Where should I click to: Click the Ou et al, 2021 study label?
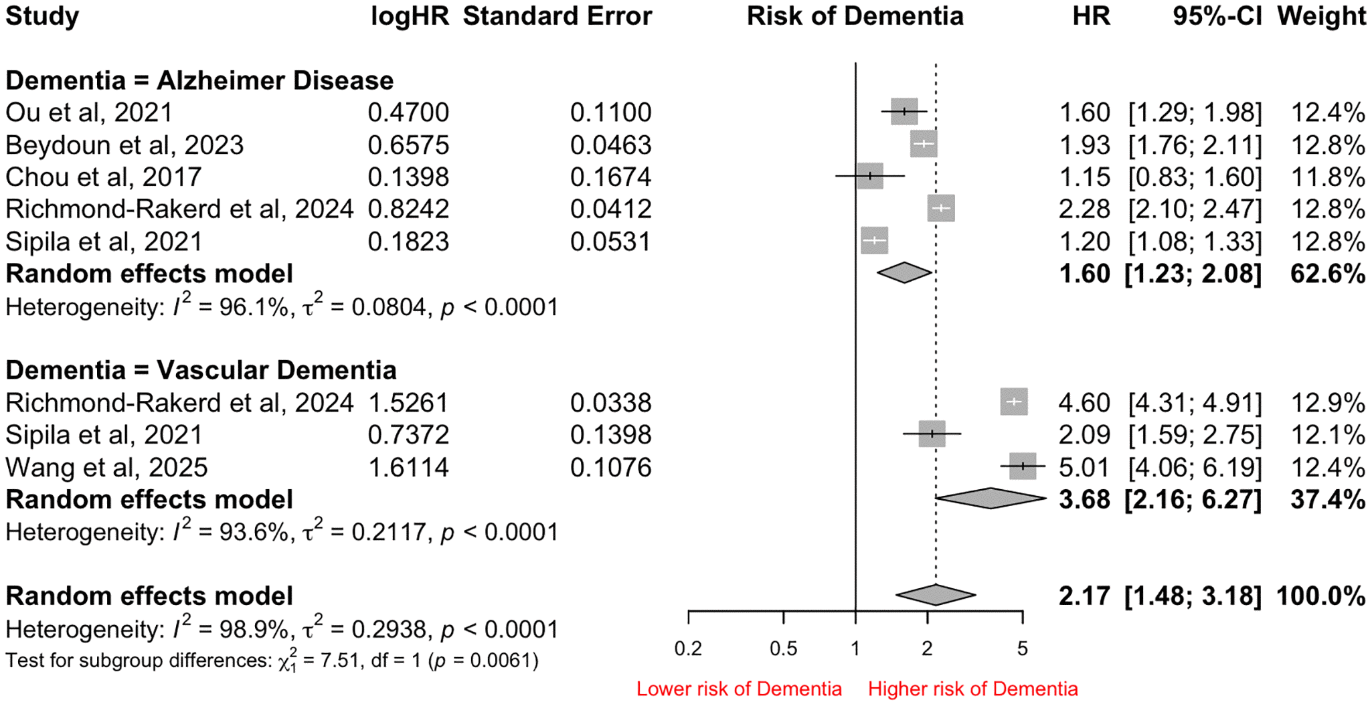tap(89, 112)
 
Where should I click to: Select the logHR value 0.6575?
tap(408, 145)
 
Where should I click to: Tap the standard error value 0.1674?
tap(610, 177)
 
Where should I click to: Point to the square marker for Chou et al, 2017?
tap(869, 176)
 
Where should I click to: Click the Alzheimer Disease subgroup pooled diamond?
tap(904, 273)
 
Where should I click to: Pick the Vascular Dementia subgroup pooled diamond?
tap(991, 499)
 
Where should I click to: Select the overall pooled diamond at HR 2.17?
tap(936, 595)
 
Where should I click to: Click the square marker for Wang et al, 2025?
tap(1023, 466)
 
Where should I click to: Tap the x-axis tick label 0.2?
tap(688, 648)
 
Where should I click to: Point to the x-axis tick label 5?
tap(1022, 648)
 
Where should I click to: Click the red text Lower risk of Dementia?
tap(739, 689)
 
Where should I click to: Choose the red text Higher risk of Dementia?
tap(972, 689)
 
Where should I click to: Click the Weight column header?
tap(1321, 16)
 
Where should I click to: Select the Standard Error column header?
tap(557, 16)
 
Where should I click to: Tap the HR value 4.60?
tap(1084, 403)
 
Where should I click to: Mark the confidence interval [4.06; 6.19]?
tap(1195, 467)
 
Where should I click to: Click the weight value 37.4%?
tap(1328, 499)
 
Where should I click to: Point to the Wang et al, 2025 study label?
tap(106, 467)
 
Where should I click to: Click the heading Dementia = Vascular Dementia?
tap(201, 370)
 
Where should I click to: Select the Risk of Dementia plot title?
tap(855, 16)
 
